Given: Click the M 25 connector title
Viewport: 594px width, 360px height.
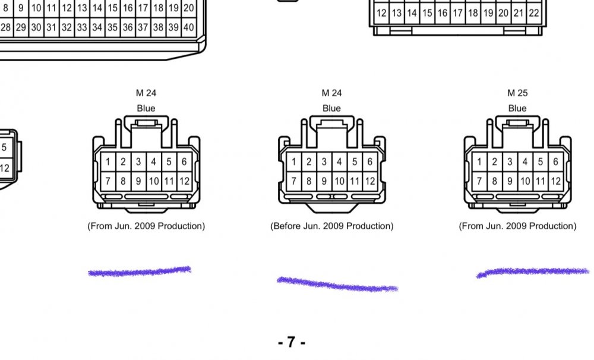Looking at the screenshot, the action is point(517,93).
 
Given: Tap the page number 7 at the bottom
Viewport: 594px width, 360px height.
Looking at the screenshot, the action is point(291,342).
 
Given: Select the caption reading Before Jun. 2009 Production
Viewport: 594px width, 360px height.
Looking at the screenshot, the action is point(332,226).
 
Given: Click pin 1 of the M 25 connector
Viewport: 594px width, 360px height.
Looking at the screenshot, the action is point(479,162).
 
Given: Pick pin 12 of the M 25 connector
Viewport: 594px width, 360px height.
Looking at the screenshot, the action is point(556,181).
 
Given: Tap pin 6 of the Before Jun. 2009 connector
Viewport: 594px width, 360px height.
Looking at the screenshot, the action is point(369,162).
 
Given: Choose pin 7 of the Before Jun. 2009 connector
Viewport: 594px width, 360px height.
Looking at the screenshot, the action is point(293,181).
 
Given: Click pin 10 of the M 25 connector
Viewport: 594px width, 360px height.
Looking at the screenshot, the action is point(525,181).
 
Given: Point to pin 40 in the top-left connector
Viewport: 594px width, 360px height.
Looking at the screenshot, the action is point(189,27).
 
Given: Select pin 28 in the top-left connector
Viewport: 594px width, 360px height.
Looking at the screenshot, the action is point(6,27).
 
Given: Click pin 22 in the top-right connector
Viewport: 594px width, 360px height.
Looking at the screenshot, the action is point(534,13).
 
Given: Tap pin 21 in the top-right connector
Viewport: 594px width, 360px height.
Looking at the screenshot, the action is point(519,13).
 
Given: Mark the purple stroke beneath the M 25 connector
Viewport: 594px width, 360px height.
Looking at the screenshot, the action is point(533,271).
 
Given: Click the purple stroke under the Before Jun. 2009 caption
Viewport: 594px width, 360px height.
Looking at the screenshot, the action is point(337,285).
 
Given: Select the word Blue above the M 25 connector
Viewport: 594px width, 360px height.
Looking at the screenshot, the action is point(517,108).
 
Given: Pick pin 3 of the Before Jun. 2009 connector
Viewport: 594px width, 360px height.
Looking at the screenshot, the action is point(324,162).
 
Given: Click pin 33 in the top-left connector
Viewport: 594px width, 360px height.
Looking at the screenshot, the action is point(82,27).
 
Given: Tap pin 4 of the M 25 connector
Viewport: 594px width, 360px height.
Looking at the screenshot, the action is point(525,162).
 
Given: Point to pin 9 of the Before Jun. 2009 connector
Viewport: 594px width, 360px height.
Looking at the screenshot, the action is point(324,181).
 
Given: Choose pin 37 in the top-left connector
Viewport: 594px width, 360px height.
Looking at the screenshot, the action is point(143,27).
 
